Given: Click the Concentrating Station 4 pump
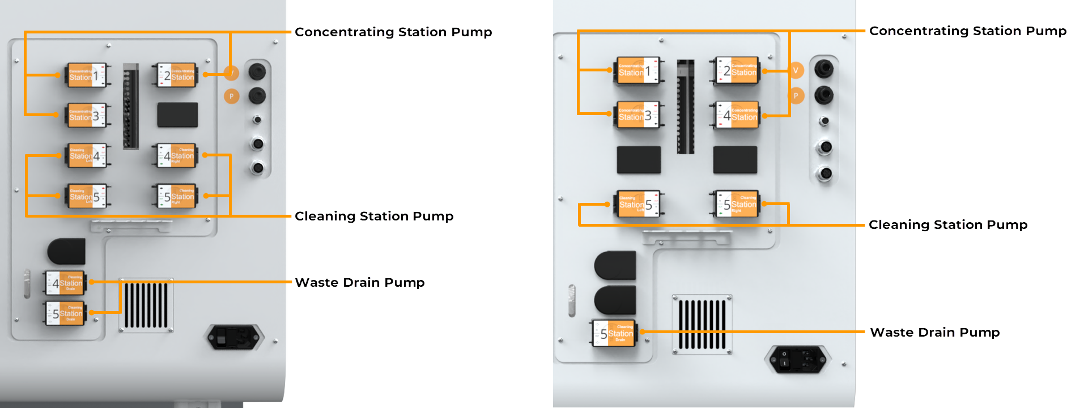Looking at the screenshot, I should [x=737, y=116].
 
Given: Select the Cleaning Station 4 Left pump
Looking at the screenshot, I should [x=87, y=156].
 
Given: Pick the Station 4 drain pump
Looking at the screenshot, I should [x=66, y=283].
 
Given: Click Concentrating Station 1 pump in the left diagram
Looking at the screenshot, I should [x=86, y=75].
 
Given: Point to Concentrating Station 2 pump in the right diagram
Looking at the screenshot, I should [x=737, y=71].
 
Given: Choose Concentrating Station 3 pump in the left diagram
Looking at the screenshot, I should [x=86, y=116].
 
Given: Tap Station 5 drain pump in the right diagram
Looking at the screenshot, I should [x=615, y=333].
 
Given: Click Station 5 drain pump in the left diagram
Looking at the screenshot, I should [x=66, y=313].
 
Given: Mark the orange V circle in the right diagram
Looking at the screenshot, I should [x=796, y=70].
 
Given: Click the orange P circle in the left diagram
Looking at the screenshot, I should [x=231, y=96].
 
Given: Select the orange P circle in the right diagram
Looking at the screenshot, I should [x=796, y=96].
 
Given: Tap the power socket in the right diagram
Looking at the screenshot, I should [x=798, y=359].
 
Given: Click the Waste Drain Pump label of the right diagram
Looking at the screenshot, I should [x=934, y=333].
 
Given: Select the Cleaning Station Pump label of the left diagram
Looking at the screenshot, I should [x=374, y=216].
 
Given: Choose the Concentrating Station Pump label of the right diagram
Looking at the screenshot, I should [x=967, y=31].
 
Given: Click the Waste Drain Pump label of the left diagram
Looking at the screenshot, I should [x=360, y=283].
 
